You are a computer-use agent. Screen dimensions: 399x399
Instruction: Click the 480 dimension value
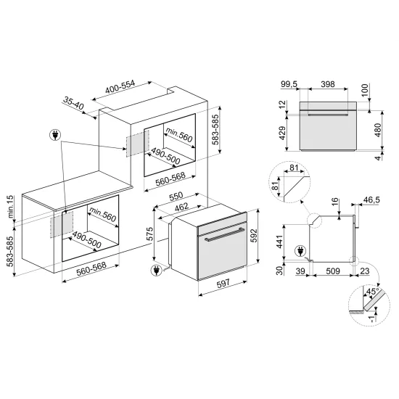click(377, 130)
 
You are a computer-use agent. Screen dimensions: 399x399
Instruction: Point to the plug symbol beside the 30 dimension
click(300, 252)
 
